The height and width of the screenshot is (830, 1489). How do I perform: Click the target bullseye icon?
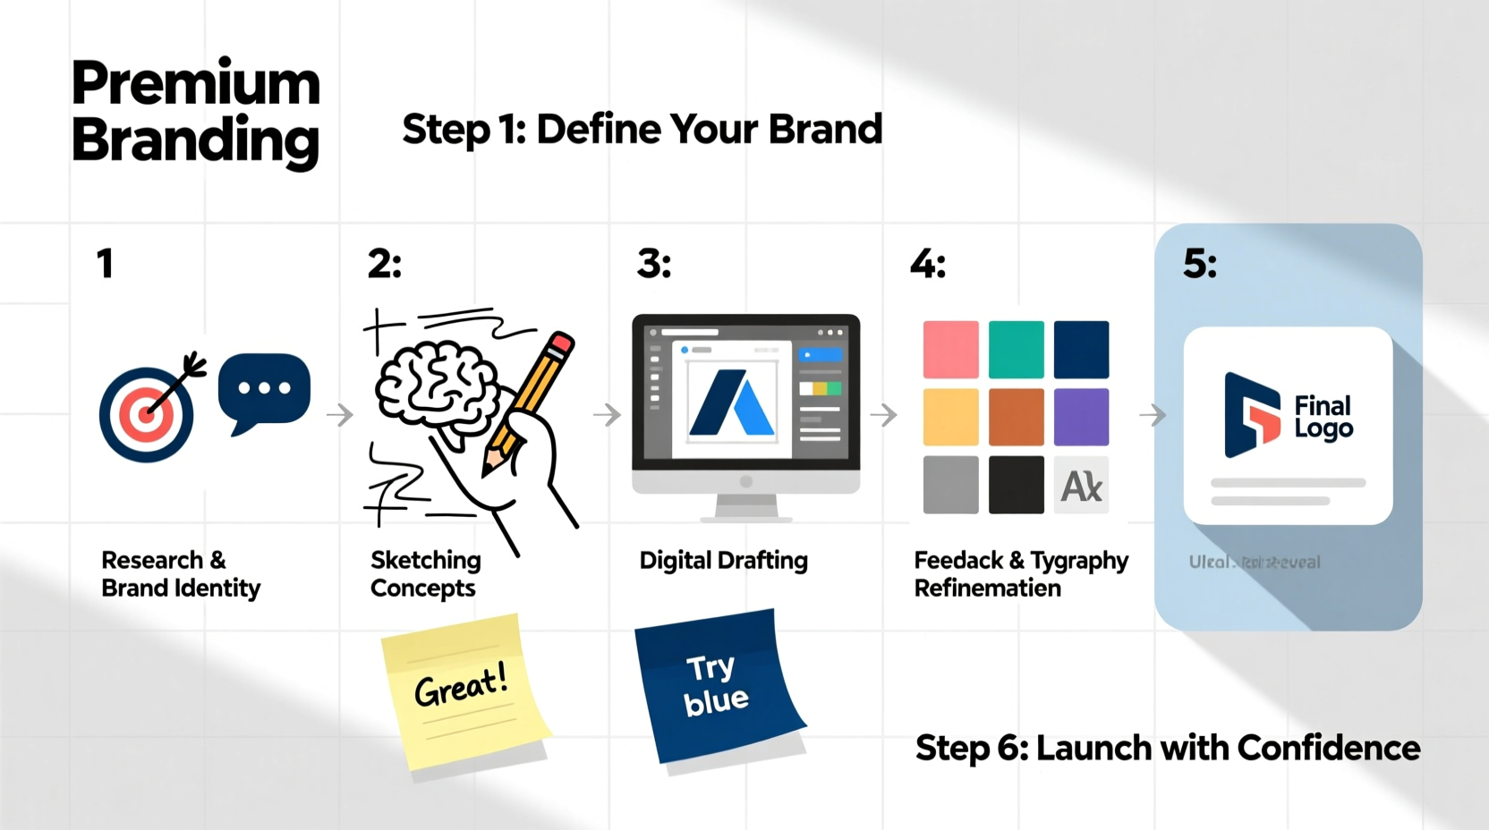tap(146, 415)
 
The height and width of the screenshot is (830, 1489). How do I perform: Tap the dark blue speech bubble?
tap(264, 389)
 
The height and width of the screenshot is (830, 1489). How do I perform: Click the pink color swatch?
tap(950, 349)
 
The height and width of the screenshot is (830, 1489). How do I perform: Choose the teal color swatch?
tap(1016, 349)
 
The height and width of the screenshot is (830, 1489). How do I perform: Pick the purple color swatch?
tap(1081, 417)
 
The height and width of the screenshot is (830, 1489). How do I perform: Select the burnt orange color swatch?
tap(1016, 417)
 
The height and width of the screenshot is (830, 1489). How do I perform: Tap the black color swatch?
tap(1016, 485)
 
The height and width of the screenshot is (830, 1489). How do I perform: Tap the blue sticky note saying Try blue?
tap(716, 684)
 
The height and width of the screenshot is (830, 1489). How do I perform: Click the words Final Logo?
tap(1323, 417)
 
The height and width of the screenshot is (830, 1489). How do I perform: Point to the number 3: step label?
tap(654, 264)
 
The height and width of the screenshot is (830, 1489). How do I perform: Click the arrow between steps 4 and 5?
tap(1153, 415)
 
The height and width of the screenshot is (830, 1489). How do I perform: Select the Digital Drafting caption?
tap(723, 561)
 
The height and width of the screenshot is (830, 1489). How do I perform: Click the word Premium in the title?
tap(195, 83)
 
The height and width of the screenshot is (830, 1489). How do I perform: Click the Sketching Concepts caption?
tap(425, 574)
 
